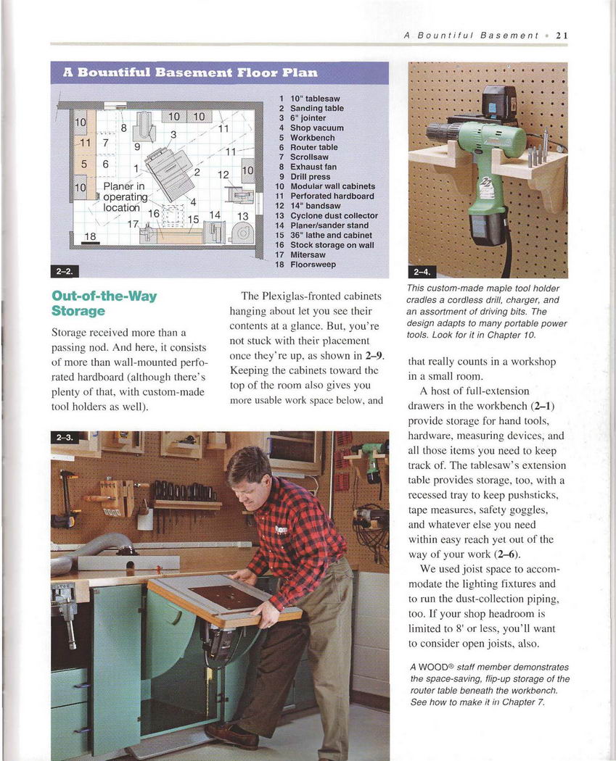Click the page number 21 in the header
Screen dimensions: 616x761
tap(562, 36)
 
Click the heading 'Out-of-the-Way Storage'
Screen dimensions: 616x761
tap(104, 304)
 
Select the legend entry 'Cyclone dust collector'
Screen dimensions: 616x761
tap(334, 215)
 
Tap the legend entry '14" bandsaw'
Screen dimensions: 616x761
tap(316, 206)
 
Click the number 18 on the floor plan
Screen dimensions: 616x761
tap(91, 236)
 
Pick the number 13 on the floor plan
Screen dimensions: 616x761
tap(242, 217)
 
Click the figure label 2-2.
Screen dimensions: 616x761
tap(64, 271)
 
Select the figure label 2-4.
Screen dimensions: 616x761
tap(422, 272)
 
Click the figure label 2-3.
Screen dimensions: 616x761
tap(64, 437)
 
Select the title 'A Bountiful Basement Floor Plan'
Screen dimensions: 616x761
tap(190, 72)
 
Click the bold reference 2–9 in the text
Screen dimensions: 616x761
tap(374, 356)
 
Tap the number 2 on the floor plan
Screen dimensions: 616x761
tap(197, 172)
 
